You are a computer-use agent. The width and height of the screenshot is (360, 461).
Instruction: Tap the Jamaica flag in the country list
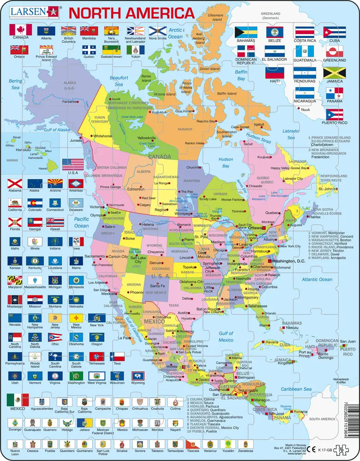(334, 73)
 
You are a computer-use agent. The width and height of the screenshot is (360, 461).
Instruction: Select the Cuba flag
(334, 31)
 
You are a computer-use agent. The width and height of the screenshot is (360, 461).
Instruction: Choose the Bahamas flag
(246, 32)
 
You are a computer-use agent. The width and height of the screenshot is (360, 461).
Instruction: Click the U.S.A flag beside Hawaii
(73, 164)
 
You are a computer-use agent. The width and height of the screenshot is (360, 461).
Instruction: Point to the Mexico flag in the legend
(18, 399)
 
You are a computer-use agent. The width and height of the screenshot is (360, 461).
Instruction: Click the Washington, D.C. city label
(289, 261)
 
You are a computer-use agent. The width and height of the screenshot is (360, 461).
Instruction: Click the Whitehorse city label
(103, 136)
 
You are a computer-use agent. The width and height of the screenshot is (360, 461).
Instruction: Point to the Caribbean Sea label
(290, 389)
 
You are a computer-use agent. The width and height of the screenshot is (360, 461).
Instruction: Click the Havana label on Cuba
(272, 342)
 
